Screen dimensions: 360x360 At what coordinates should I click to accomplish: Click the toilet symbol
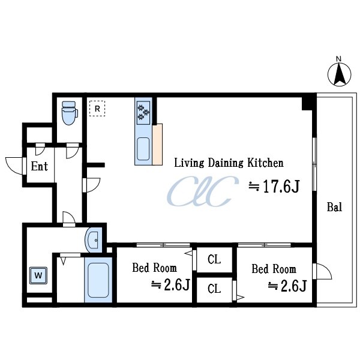(x=70, y=113)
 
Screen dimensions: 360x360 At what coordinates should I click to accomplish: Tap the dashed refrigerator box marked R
(x=97, y=109)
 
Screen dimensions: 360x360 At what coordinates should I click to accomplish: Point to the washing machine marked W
(x=38, y=275)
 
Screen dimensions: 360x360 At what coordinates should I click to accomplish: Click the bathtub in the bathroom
(x=98, y=280)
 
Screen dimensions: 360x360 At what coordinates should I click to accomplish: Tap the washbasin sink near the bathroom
(x=94, y=241)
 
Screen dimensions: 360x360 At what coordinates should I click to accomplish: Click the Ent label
(x=39, y=166)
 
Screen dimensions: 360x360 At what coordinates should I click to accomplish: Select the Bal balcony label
(x=334, y=207)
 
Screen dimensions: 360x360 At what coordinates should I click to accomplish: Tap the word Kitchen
(x=265, y=163)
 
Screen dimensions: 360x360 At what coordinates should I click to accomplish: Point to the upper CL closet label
(x=214, y=259)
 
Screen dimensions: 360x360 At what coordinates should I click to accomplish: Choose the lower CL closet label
(x=214, y=289)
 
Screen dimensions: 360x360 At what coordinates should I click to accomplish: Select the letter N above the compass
(x=338, y=59)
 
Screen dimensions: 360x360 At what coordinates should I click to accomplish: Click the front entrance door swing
(x=14, y=166)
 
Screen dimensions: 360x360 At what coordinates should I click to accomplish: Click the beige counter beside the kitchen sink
(x=157, y=145)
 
